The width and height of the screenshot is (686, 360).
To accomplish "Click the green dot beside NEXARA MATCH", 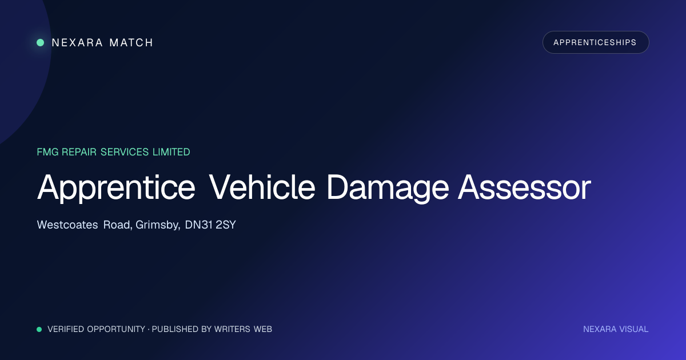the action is (x=41, y=42).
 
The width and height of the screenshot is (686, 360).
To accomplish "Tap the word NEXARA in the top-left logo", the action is (x=77, y=42).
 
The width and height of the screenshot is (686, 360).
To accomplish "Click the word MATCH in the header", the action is (x=131, y=42).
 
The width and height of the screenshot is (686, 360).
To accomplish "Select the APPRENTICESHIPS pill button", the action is (x=596, y=42).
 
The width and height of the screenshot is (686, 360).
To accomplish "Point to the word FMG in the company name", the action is (x=47, y=152).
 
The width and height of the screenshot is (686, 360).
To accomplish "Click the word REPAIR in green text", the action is (x=79, y=152).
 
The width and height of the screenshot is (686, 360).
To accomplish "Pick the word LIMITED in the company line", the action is (x=171, y=152).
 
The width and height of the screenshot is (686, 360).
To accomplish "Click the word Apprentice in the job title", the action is (x=116, y=187).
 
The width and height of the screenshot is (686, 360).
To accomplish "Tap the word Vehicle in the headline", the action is (x=262, y=187).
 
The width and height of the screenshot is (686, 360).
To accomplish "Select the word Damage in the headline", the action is (x=388, y=187).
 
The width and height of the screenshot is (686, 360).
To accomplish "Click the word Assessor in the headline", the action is (x=524, y=187).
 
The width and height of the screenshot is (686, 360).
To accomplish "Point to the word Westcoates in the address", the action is (x=67, y=225).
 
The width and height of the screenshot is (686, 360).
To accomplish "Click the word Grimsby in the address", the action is (x=158, y=225).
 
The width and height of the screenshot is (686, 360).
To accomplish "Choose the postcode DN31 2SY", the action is (x=210, y=225).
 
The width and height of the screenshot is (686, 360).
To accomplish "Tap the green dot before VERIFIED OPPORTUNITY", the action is (x=39, y=329).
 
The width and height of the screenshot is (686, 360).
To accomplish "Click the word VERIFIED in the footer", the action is (x=66, y=329).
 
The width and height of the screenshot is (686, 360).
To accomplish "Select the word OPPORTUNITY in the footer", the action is (x=116, y=329).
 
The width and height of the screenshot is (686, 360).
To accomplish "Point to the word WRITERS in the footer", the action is (x=232, y=329).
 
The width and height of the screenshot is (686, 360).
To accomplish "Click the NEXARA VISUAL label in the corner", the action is (x=616, y=329).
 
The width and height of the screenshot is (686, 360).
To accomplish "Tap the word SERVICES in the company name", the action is (x=125, y=152).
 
